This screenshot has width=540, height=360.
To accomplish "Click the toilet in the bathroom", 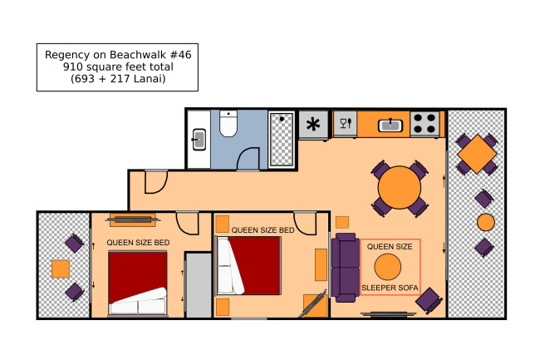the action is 228,123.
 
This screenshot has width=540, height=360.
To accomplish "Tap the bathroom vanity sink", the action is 199,140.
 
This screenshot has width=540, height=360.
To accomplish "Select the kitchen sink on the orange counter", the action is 390,126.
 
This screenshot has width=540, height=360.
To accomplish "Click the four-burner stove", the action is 425,124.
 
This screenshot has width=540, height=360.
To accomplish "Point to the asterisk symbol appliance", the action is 313,124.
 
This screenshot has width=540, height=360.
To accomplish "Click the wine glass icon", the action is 343,123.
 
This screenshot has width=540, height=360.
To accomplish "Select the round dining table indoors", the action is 400,188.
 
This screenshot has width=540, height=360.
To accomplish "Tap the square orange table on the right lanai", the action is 477,154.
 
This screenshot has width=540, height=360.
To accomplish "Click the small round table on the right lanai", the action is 486,222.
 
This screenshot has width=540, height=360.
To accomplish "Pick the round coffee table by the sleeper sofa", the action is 388,267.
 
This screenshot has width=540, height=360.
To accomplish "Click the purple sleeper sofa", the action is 346,268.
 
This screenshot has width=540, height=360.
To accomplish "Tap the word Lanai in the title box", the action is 148,79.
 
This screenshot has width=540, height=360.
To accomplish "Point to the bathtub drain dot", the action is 282,119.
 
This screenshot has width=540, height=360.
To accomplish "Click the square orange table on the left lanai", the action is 61,269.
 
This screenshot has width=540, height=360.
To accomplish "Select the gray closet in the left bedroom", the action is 199,285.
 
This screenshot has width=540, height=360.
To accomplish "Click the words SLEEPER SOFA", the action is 390,288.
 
